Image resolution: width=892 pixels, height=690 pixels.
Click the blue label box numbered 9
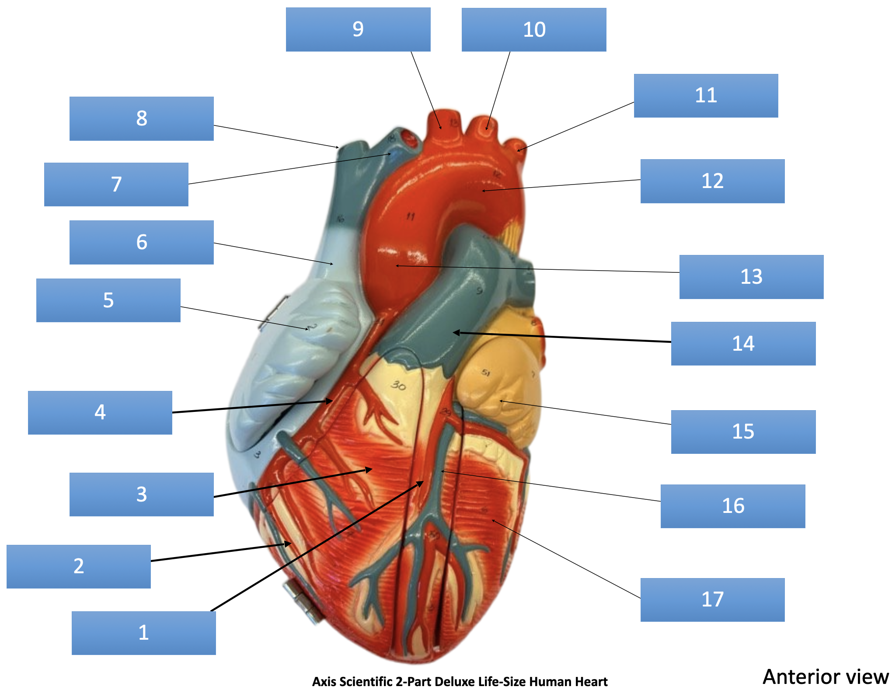(358, 29)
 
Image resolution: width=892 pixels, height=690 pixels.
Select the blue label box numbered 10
(533, 30)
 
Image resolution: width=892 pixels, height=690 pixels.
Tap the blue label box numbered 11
(706, 95)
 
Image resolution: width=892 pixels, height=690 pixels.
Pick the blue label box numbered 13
(751, 277)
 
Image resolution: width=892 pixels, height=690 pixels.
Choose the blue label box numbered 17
(712, 599)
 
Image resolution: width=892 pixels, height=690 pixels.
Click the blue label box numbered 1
(143, 633)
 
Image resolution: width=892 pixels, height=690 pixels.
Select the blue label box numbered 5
(108, 300)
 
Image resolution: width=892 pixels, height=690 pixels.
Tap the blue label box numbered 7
(116, 184)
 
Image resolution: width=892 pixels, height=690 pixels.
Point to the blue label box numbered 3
(141, 494)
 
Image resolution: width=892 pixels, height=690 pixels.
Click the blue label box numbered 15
(743, 432)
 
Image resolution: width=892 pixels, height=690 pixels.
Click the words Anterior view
(825, 676)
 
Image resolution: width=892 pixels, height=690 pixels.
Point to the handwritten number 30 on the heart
(398, 385)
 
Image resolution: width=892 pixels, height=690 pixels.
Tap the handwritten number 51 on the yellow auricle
(486, 373)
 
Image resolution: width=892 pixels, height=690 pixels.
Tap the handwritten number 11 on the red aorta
(410, 216)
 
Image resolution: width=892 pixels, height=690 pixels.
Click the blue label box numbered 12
(712, 181)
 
